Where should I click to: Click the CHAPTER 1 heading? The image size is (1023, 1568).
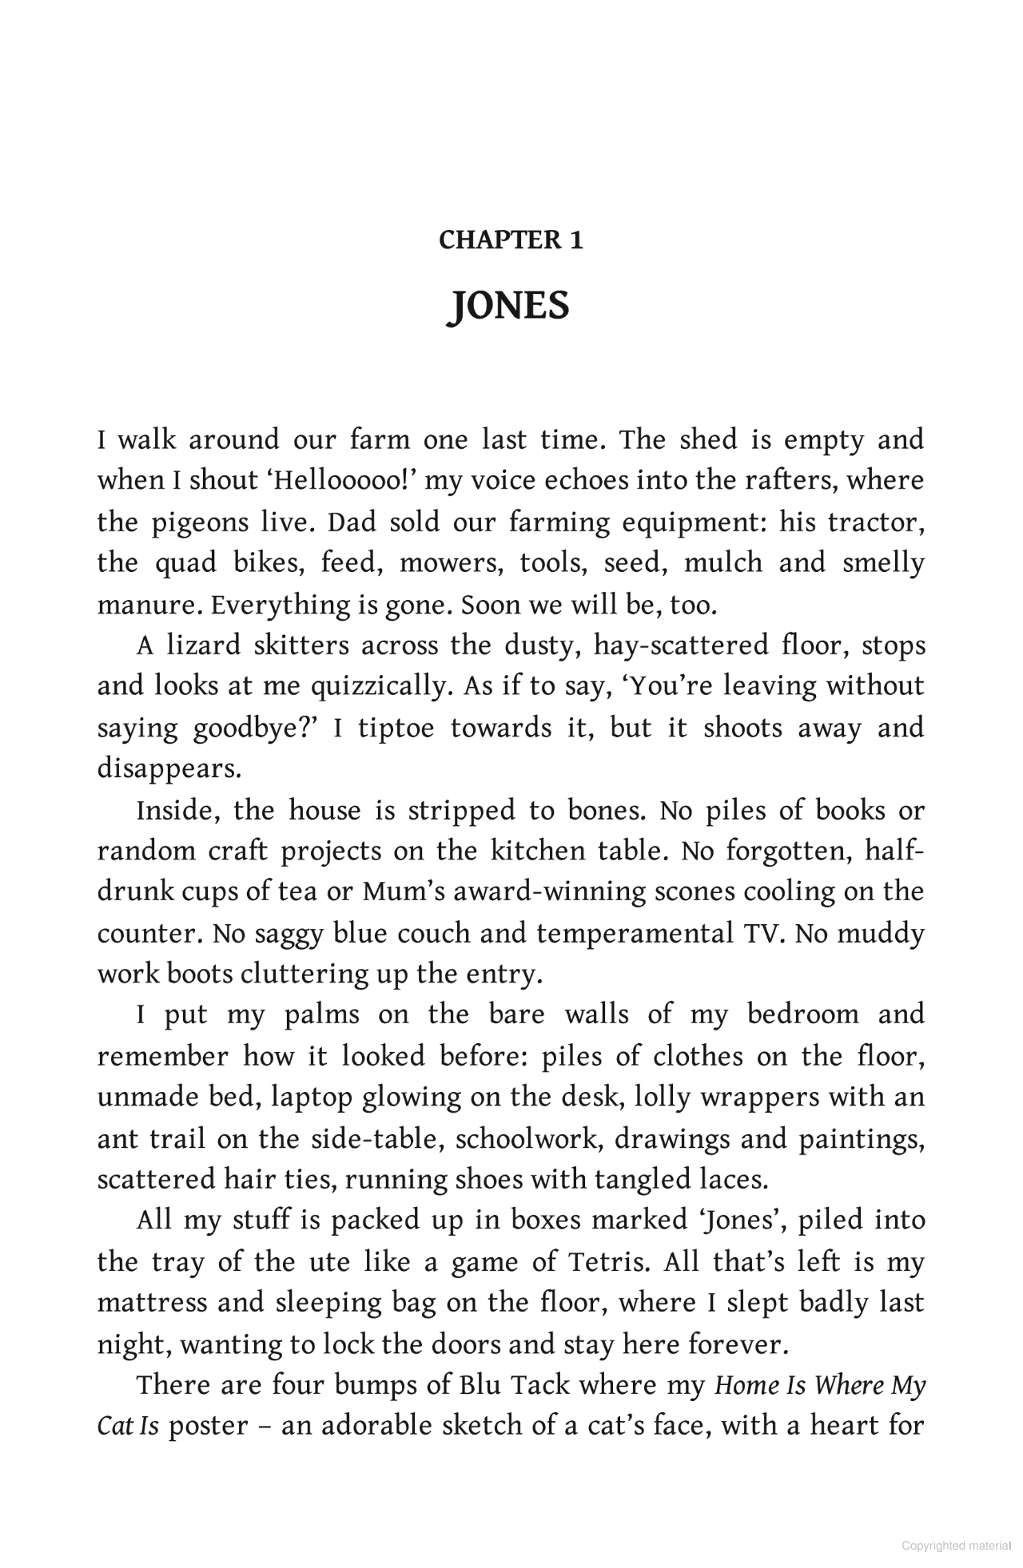[x=511, y=240]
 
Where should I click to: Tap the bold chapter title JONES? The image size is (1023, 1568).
[x=511, y=305]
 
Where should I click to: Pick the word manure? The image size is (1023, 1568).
[x=149, y=605]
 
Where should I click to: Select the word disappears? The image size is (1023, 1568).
[x=169, y=768]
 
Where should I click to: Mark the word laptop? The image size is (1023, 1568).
[x=312, y=1098]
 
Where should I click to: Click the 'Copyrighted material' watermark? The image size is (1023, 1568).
[x=956, y=1546]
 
